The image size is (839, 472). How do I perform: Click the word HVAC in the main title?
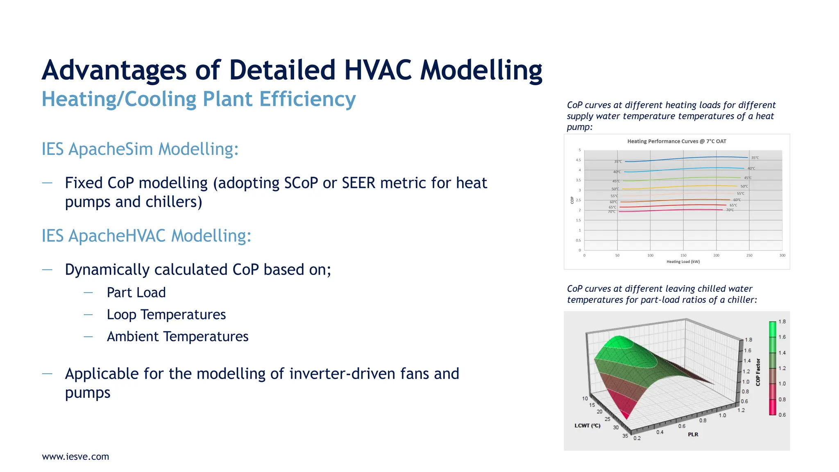click(x=377, y=70)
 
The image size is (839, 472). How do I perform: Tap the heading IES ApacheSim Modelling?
click(x=140, y=149)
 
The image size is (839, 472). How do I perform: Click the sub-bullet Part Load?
click(x=136, y=293)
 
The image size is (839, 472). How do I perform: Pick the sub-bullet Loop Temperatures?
click(x=166, y=315)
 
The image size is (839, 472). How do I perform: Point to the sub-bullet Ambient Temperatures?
click(x=177, y=336)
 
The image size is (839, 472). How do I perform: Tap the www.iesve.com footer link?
click(x=75, y=456)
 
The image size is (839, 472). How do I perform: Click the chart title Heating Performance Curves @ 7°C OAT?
click(x=676, y=141)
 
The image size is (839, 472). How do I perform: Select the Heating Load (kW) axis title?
click(x=683, y=261)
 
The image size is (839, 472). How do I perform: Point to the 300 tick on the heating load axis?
click(x=782, y=255)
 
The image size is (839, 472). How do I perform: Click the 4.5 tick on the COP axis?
click(x=578, y=160)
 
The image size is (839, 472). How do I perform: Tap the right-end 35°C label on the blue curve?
click(x=755, y=158)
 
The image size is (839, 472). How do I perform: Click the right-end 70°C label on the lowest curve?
click(x=730, y=210)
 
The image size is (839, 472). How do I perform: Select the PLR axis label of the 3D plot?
click(x=693, y=434)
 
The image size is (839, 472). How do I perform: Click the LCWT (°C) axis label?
click(x=587, y=426)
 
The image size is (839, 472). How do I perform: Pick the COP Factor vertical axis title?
click(x=758, y=372)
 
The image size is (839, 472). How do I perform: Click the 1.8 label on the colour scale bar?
click(x=782, y=322)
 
